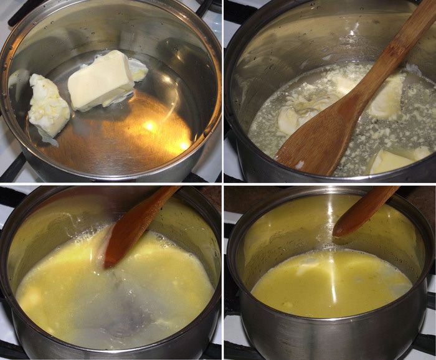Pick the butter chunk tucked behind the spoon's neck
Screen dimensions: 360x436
(386, 97)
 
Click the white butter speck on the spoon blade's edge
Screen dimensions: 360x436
(300, 164)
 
